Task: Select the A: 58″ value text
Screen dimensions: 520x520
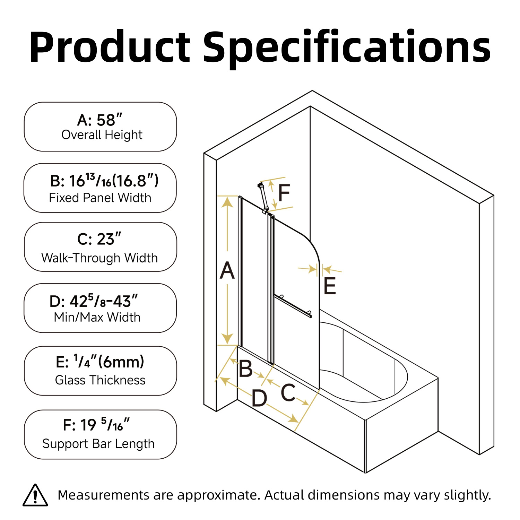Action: [x=100, y=120]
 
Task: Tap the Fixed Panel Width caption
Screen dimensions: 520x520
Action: [x=100, y=198]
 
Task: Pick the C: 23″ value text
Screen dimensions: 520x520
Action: [x=99, y=239]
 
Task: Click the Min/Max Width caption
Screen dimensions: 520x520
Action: [x=97, y=317]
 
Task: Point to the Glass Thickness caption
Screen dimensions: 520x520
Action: [x=100, y=380]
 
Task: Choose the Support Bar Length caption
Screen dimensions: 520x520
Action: [x=98, y=444]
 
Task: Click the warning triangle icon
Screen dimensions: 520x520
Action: [x=35, y=495]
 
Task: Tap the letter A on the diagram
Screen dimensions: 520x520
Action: [x=227, y=270]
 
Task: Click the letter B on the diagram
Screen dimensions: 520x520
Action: [x=246, y=369]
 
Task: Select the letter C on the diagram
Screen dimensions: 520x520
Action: [x=288, y=392]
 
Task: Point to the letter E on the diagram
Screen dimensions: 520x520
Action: [x=330, y=286]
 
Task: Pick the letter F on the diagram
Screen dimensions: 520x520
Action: [x=284, y=193]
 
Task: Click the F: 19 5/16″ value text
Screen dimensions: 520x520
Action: [x=96, y=425]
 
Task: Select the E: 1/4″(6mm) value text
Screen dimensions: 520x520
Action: [x=100, y=362]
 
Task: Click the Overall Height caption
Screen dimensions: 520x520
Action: [x=102, y=135]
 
